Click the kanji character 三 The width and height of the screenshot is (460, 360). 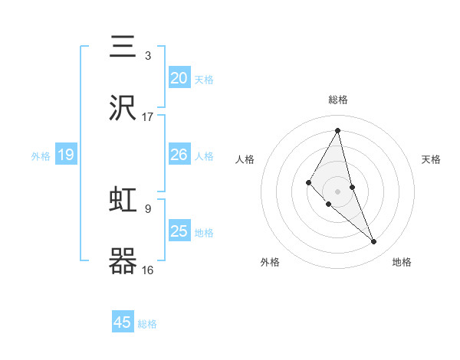click(x=123, y=47)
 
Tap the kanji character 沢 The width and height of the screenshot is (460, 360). click(x=123, y=108)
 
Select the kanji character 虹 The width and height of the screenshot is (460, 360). click(x=123, y=200)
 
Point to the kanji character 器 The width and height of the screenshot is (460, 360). click(x=123, y=261)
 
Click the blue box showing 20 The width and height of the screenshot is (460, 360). click(x=179, y=77)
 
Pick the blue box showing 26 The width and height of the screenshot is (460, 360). click(x=179, y=155)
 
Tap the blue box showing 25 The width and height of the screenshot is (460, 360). click(x=179, y=231)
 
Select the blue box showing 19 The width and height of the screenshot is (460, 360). click(x=66, y=155)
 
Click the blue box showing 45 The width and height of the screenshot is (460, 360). click(x=123, y=322)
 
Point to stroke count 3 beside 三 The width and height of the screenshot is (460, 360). click(x=148, y=56)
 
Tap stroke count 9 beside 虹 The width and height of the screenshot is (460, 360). click(x=148, y=208)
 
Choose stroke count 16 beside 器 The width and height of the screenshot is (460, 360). click(x=148, y=270)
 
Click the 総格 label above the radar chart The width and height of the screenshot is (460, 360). click(x=338, y=100)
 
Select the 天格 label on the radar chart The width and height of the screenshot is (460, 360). click(x=431, y=159)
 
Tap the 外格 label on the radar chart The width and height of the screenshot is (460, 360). click(x=270, y=262)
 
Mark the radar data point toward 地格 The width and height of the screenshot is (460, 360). click(x=374, y=242)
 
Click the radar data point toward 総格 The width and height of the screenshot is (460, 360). click(x=338, y=130)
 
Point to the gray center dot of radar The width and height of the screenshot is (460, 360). click(x=338, y=191)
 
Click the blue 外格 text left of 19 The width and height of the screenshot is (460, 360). click(x=41, y=156)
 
